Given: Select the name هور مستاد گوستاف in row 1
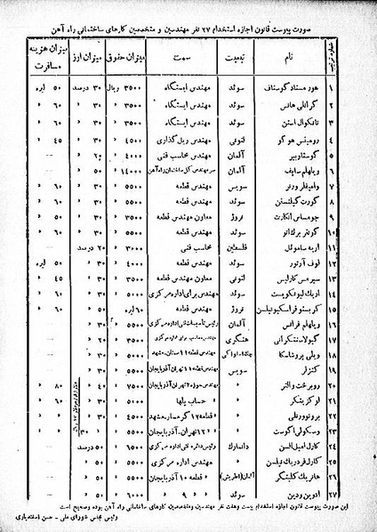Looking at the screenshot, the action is tap(306, 89).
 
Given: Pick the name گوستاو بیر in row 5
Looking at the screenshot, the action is tap(308, 154).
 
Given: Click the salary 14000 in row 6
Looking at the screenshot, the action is tap(124, 171).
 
